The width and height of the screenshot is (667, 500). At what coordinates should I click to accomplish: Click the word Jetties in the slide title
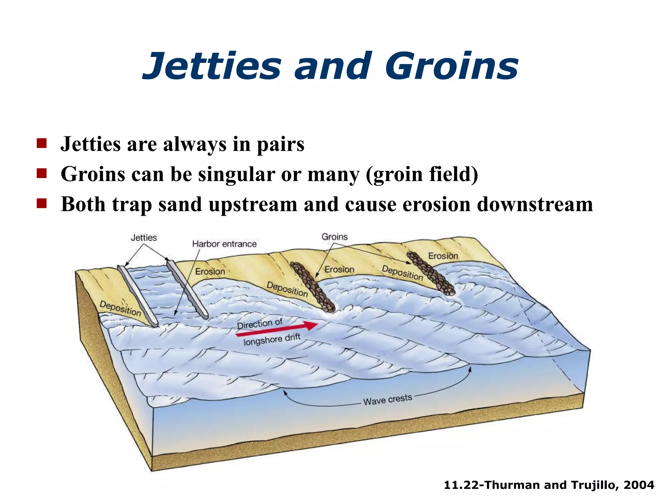click(x=212, y=67)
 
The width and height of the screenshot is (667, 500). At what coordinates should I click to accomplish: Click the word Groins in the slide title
click(x=451, y=67)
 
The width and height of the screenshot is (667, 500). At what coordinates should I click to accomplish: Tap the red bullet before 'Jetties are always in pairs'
click(x=42, y=143)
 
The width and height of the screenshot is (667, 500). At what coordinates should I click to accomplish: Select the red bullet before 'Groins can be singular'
click(x=42, y=174)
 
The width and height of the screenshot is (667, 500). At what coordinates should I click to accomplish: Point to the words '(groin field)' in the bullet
click(x=422, y=174)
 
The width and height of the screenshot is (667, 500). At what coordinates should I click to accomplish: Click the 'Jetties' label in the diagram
click(x=144, y=238)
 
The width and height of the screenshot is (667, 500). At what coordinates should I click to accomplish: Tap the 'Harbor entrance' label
click(x=224, y=244)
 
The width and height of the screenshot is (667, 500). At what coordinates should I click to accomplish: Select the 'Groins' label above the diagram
click(x=334, y=237)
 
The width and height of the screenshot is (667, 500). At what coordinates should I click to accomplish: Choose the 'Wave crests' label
click(x=388, y=399)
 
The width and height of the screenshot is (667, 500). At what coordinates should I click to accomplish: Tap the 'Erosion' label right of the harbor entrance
click(x=210, y=271)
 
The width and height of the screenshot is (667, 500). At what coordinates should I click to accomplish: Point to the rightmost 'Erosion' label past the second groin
click(x=443, y=256)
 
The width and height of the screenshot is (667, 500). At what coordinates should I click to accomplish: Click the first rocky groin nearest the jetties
click(x=313, y=286)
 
